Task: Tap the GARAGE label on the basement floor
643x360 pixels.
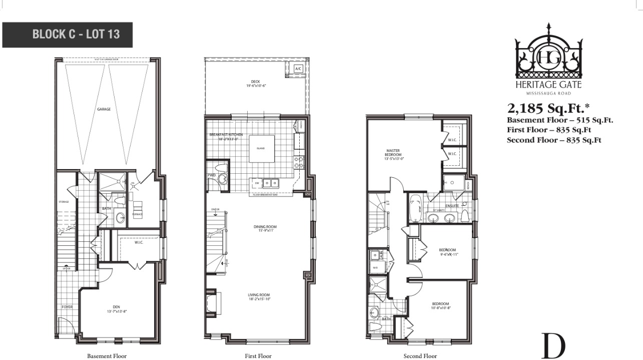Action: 104,109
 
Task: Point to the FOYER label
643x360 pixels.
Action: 67,306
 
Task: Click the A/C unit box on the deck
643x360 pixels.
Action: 298,68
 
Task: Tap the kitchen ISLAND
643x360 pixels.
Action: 261,149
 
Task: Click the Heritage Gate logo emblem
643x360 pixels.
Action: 548,55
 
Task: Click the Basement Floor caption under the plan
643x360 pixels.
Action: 107,356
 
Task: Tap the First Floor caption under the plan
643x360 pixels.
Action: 258,356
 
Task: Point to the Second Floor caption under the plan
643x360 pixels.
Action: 420,356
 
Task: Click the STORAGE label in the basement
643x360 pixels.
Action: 63,202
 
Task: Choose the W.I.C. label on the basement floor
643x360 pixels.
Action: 139,243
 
